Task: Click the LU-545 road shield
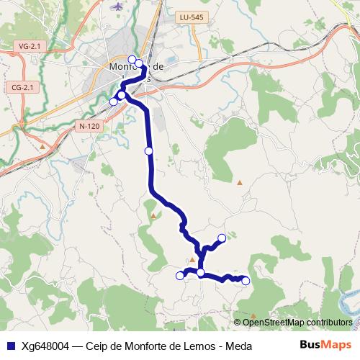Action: [193, 18]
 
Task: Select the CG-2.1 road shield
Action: [23, 87]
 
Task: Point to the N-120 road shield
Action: [89, 126]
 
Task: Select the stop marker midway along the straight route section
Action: [149, 150]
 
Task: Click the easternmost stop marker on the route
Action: [246, 281]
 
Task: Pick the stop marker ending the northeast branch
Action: [222, 238]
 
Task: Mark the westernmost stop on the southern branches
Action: [180, 275]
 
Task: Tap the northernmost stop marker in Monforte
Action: [132, 59]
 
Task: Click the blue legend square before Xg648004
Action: [11, 346]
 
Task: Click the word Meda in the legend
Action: [238, 346]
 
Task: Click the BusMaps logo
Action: [325, 345]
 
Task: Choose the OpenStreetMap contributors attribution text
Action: [297, 322]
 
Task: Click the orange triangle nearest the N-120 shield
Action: [42, 148]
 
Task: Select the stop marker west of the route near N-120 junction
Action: [113, 102]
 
